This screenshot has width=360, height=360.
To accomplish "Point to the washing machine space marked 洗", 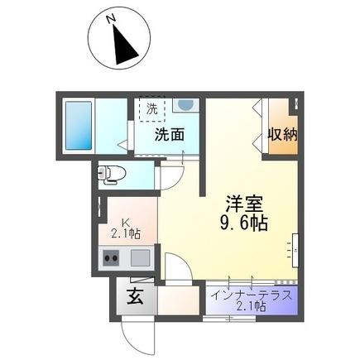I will click(x=153, y=108).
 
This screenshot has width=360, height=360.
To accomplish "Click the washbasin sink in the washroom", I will click(x=186, y=106).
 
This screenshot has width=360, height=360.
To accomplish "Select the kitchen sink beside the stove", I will click(x=140, y=257).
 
